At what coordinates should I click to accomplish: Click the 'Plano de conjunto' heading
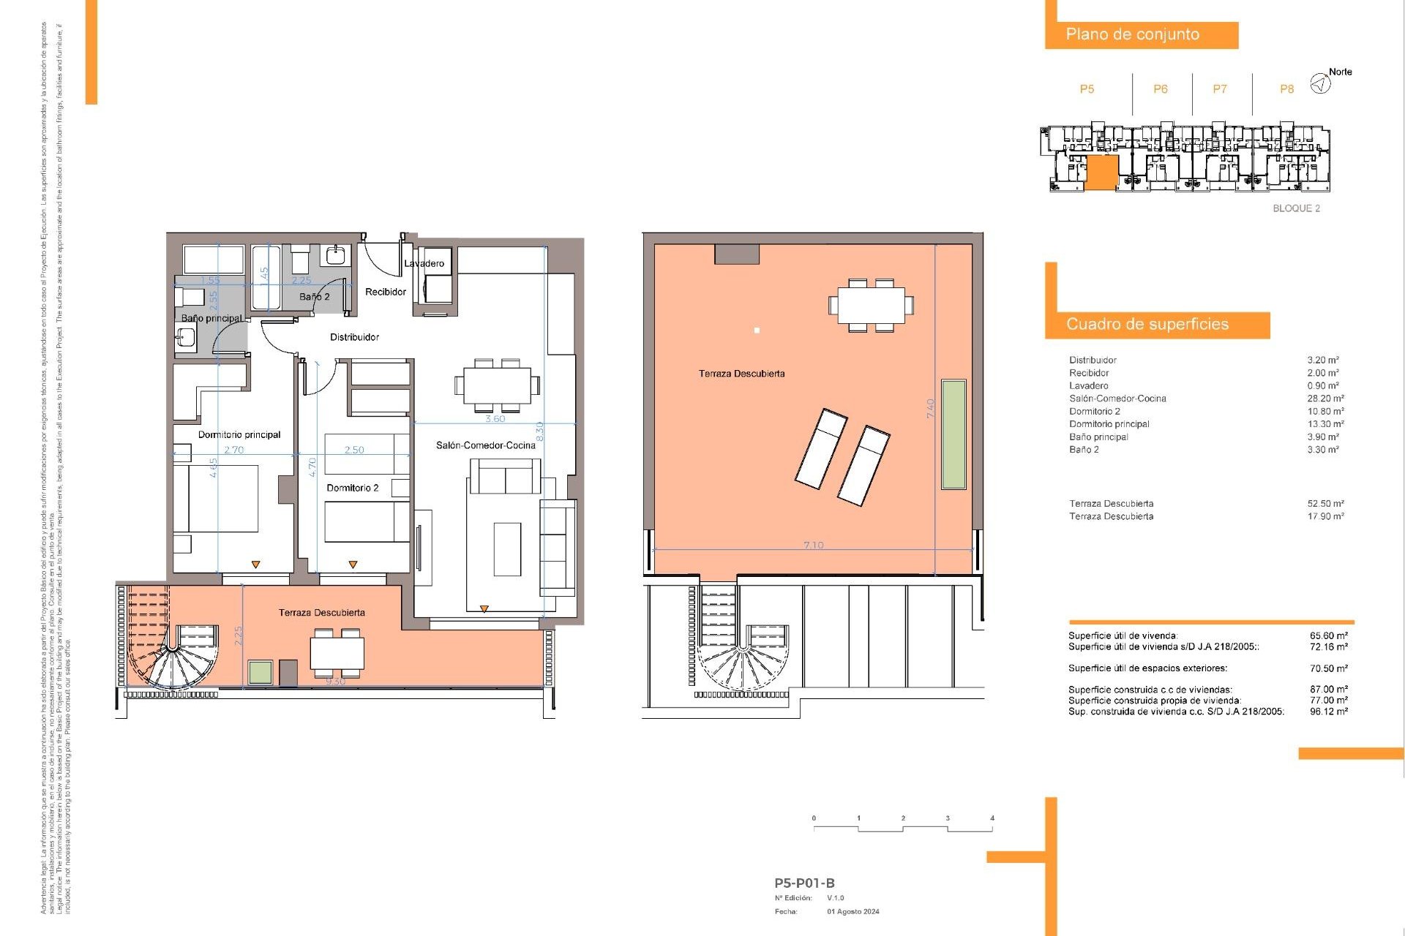click(1132, 34)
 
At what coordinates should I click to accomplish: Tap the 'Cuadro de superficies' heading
click(1147, 324)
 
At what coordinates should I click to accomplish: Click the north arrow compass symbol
click(1319, 84)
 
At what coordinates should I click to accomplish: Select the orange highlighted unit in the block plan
click(1101, 173)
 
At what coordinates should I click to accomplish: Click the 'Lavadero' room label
click(424, 263)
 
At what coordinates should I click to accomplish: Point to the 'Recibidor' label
click(386, 292)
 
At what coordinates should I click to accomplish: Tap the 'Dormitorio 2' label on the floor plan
click(353, 488)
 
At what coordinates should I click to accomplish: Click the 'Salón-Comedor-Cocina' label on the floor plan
click(486, 445)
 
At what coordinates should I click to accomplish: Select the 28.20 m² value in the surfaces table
click(1325, 399)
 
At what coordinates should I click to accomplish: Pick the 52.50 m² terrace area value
click(1325, 504)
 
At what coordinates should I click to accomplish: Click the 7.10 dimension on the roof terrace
click(813, 545)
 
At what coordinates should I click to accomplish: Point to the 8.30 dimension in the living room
click(540, 432)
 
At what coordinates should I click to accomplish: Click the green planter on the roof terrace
click(953, 434)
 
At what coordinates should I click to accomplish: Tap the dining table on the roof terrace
click(871, 305)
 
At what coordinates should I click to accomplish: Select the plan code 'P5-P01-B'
click(804, 883)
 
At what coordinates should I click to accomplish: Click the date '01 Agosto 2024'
click(853, 912)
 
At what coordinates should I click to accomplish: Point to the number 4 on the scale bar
click(992, 818)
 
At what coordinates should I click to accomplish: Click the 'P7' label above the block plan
click(1220, 89)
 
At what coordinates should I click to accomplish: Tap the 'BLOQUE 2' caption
click(1296, 208)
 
